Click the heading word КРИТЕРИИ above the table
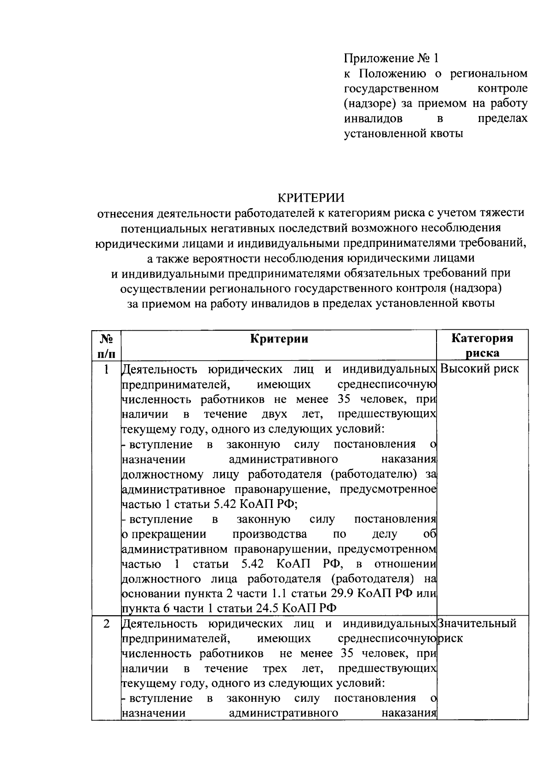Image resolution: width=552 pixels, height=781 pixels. coord(311,198)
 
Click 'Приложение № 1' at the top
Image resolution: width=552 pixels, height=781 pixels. coord(391,58)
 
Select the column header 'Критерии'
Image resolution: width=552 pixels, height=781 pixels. coord(279,339)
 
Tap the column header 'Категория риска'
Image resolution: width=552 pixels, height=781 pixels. coord(482,345)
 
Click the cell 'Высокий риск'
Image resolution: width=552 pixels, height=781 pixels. coord(479,369)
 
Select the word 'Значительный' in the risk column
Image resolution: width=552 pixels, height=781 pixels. coord(477,624)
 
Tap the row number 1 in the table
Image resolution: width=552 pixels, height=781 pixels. coord(106,369)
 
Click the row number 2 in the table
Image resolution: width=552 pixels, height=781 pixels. coord(106,624)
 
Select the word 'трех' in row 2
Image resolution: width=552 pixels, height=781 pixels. coord(274,668)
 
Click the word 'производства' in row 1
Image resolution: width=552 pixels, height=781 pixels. coord(270,534)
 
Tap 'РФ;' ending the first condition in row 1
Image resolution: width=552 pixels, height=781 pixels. coord(287,504)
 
